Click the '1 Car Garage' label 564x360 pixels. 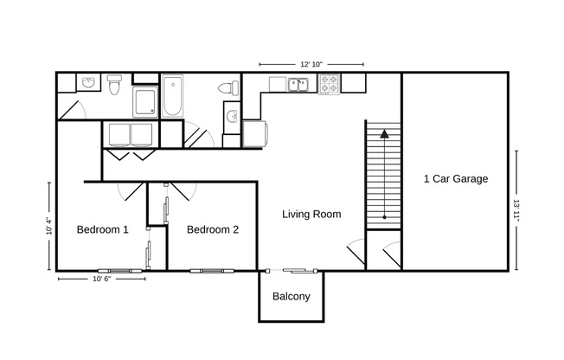[455, 179]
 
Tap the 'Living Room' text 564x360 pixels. [311, 214]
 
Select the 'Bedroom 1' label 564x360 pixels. [103, 229]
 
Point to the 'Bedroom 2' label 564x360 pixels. [213, 229]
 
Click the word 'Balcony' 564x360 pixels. [291, 296]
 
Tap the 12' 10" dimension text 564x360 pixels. [311, 64]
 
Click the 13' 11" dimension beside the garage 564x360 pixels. [516, 210]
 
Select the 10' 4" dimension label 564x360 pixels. [48, 226]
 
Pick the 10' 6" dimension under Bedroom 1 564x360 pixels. [101, 280]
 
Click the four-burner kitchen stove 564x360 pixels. [330, 85]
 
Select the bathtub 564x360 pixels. [172, 97]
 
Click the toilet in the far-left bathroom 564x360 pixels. [113, 85]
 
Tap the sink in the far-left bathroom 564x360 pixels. [87, 83]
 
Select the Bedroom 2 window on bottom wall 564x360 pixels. [213, 270]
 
